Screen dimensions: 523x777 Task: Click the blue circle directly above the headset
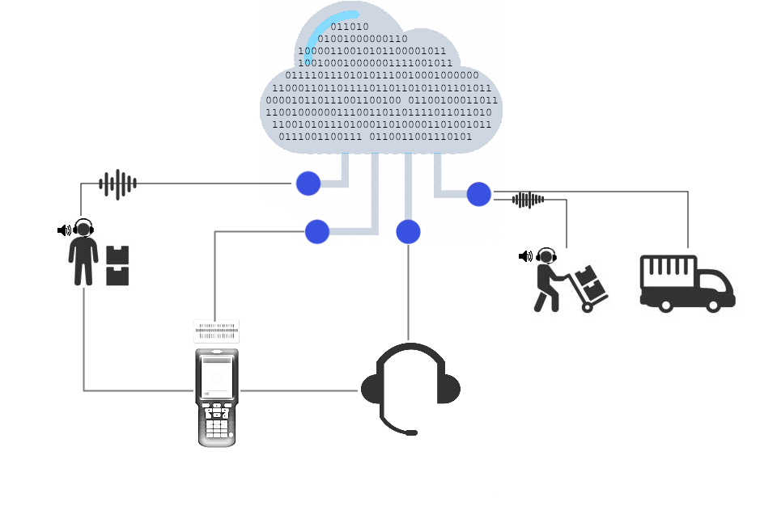(x=408, y=232)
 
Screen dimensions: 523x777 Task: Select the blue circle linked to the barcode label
(x=317, y=232)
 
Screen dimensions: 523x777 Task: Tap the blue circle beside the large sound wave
(x=308, y=183)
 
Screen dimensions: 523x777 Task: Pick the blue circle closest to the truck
(x=478, y=194)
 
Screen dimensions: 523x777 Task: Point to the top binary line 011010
(x=349, y=27)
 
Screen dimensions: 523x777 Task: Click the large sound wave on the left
(x=118, y=184)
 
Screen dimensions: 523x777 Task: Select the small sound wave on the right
(x=528, y=200)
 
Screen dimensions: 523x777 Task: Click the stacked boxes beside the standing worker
(x=118, y=266)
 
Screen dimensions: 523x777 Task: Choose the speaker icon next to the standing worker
(x=64, y=230)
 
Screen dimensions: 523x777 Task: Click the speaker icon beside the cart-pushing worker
(x=525, y=256)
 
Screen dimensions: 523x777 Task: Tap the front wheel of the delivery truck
(x=713, y=305)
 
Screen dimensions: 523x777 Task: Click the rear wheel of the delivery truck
(x=665, y=305)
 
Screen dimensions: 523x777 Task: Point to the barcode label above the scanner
(x=217, y=331)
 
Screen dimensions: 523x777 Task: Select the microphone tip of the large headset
(x=411, y=433)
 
